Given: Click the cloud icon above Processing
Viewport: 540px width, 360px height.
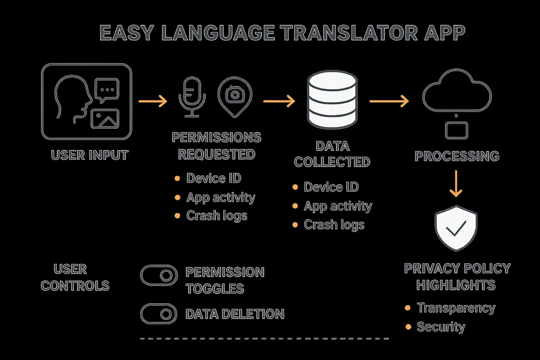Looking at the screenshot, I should pos(456,93).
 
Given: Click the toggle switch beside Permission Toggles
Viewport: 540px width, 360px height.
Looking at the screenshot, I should pos(159,275).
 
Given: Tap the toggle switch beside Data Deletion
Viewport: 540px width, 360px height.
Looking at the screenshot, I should pos(159,313).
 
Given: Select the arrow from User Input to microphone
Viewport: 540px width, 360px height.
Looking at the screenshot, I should pos(153,101).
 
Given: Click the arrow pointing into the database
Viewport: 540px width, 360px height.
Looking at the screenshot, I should pos(279,101).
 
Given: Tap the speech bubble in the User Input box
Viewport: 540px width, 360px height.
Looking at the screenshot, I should pos(107,89).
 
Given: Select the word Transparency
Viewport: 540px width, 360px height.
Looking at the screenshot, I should pos(456,308).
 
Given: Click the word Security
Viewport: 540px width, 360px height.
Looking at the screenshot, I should pos(441,326).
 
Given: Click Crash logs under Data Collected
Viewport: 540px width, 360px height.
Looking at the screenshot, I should pos(334,224).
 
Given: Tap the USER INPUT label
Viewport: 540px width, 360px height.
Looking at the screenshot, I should pos(90,155).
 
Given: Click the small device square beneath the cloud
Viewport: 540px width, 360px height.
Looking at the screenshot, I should pos(456,130).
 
